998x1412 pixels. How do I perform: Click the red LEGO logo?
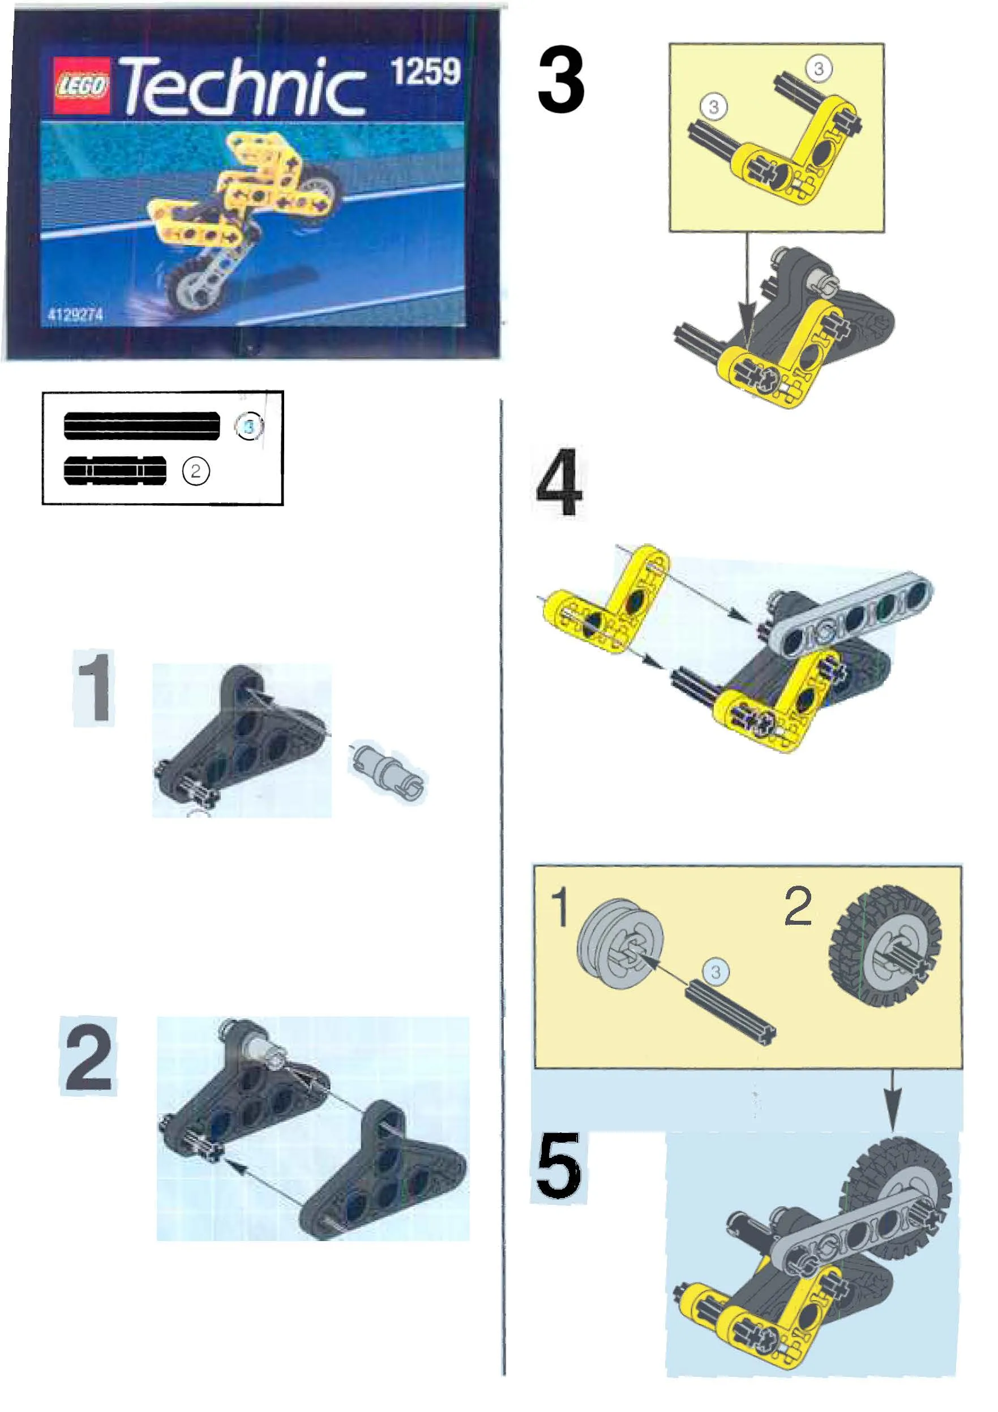click(81, 85)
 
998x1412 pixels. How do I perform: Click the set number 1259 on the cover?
click(425, 71)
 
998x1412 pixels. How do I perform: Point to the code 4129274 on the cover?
click(75, 315)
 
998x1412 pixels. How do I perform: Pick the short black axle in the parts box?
click(115, 471)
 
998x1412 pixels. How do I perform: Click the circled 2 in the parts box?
click(196, 471)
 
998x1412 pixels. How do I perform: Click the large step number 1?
click(94, 687)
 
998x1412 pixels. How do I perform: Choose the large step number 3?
click(560, 79)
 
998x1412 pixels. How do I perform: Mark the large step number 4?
click(559, 483)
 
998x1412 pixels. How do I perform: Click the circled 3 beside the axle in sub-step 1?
click(716, 972)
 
